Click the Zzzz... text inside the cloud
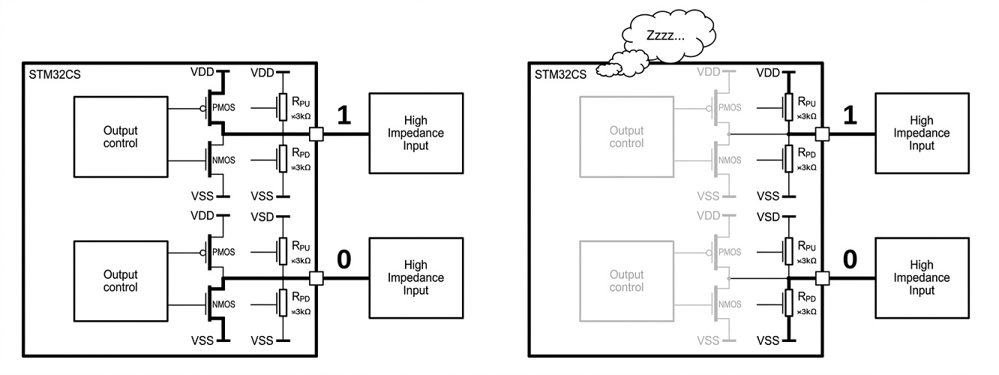point(665,36)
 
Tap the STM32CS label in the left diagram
point(55,74)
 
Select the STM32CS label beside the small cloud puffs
point(560,74)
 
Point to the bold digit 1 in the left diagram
point(343,115)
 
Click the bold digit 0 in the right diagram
point(850,259)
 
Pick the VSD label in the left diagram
point(262,217)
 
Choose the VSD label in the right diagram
point(768,217)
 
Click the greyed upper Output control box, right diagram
point(626,137)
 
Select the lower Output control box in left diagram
point(121,281)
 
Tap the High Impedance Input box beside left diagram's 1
point(416,133)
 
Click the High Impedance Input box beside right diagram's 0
point(922,277)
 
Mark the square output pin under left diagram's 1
point(316,133)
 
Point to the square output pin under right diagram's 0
point(823,278)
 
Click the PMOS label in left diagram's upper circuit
point(223,107)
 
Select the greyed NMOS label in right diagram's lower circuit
point(730,304)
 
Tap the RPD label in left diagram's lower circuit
point(301,297)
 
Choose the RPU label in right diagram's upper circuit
point(807,102)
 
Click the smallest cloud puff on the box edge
point(607,70)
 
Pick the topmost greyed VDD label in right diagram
point(708,72)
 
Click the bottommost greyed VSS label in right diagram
point(708,340)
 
